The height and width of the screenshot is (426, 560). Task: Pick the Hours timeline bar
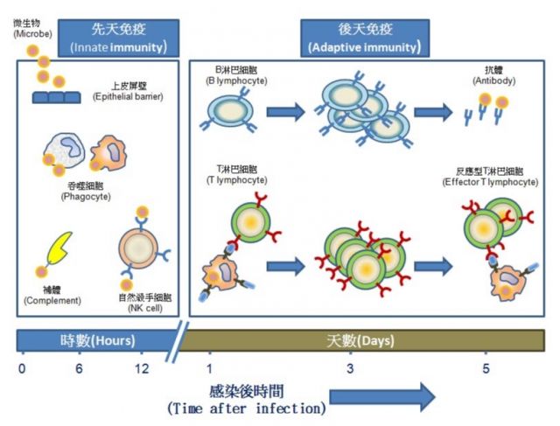[x=96, y=339]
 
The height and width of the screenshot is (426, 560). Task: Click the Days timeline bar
[x=367, y=339]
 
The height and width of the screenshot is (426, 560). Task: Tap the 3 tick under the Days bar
[x=350, y=369]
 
